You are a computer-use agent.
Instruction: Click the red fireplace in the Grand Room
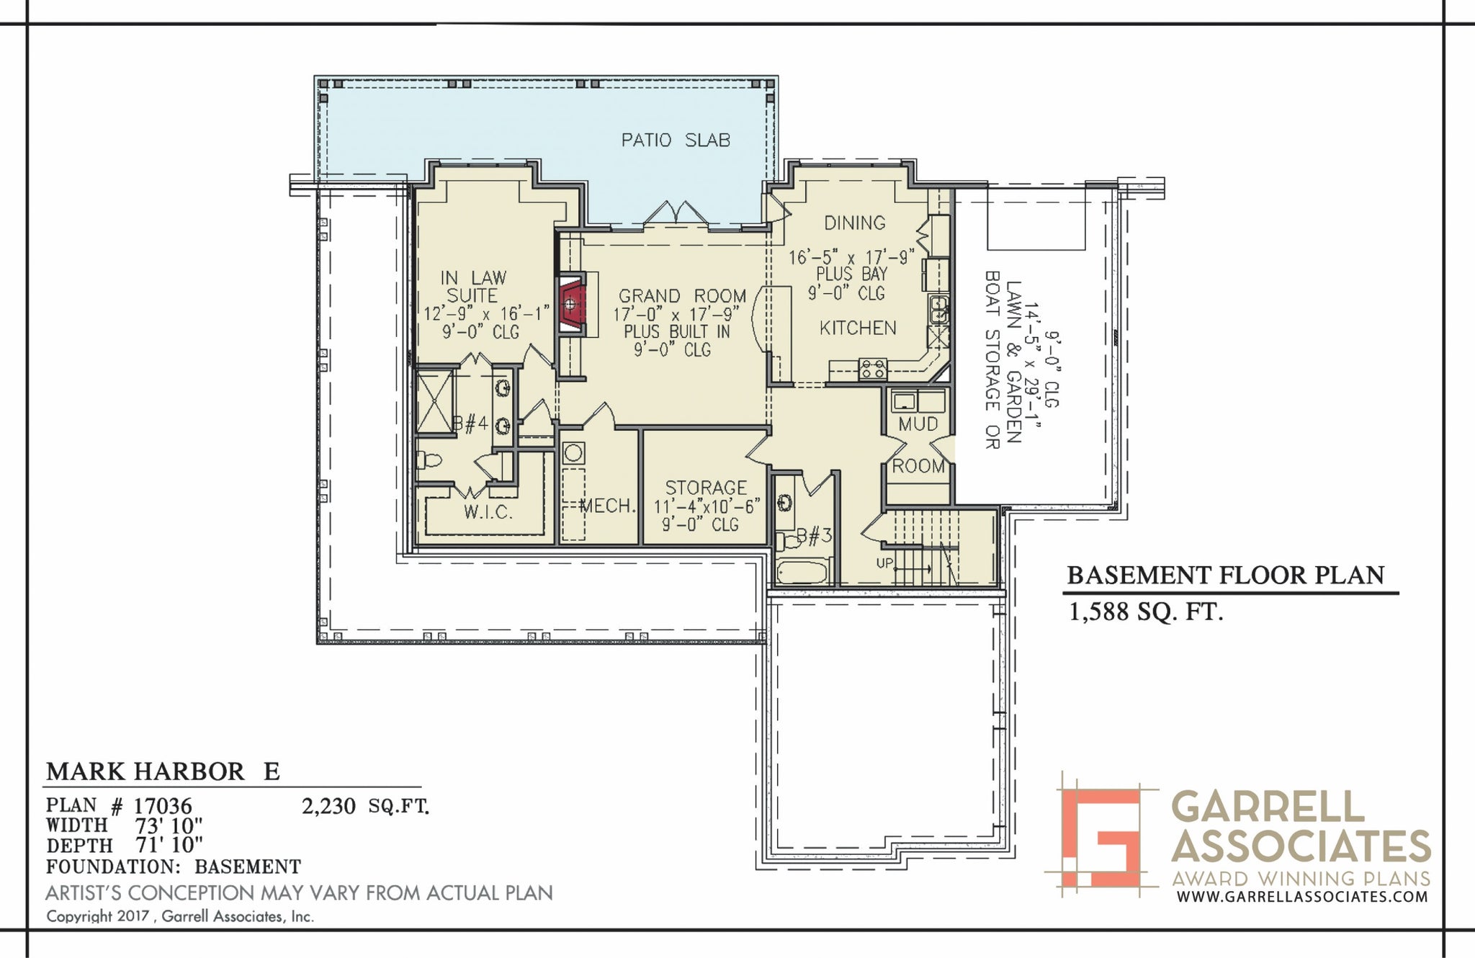[571, 304]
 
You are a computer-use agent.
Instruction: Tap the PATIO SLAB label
[676, 140]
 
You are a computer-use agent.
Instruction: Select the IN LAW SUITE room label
[473, 287]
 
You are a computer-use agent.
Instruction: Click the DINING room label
[855, 223]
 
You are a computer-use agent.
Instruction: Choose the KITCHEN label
[858, 328]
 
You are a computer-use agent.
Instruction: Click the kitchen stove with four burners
[873, 370]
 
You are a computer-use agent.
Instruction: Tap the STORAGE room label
[705, 488]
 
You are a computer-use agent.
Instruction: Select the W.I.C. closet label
[488, 512]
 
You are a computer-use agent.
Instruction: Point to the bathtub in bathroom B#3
[802, 574]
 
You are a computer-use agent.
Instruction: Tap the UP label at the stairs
[884, 563]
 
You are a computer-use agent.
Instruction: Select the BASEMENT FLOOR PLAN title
[1226, 575]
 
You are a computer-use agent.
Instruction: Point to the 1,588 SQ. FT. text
[1146, 612]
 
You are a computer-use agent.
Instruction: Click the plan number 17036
[163, 805]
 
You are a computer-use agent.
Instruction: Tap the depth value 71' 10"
[169, 845]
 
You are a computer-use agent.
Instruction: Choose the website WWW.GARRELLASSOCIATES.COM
[1302, 897]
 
